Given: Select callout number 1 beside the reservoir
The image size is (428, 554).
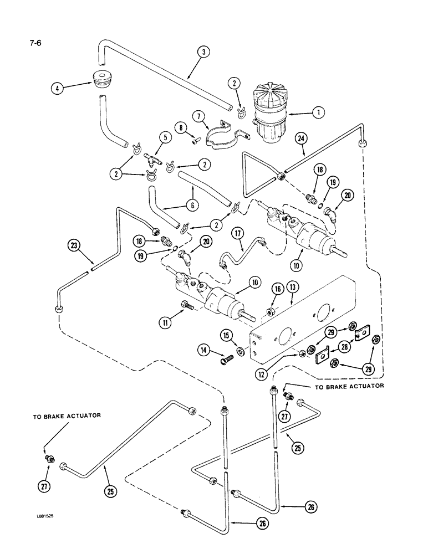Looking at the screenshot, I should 317,113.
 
